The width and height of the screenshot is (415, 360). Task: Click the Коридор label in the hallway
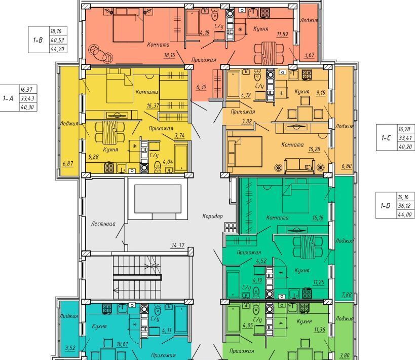coord(212,216)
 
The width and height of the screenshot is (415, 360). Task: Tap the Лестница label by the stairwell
coord(103,224)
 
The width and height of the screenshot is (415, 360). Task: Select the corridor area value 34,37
coord(177,245)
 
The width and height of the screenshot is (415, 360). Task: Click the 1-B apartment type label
coord(37,40)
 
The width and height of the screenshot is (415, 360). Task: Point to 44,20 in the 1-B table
coord(57,49)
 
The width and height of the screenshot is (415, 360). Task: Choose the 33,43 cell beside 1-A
coord(28,98)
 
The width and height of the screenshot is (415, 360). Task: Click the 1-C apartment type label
coord(386,138)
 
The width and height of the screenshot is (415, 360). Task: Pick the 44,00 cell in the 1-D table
coord(405,214)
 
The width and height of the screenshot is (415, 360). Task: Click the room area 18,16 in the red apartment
coord(169,55)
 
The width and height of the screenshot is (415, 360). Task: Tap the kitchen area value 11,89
coord(282,34)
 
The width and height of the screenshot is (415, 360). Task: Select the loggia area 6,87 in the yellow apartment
coord(68,163)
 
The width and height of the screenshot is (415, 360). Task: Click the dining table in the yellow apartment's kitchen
coord(109,132)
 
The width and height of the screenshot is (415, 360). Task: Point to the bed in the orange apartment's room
coord(245,152)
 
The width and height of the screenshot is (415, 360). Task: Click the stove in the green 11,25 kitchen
coord(307,293)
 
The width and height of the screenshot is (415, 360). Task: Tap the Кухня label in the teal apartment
coord(99,326)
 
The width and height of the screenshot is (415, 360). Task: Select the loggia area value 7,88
coord(347,294)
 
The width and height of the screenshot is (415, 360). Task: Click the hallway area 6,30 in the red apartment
coord(201,87)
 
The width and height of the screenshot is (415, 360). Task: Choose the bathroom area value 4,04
coord(168,162)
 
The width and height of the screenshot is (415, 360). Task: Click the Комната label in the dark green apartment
coord(277,218)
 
